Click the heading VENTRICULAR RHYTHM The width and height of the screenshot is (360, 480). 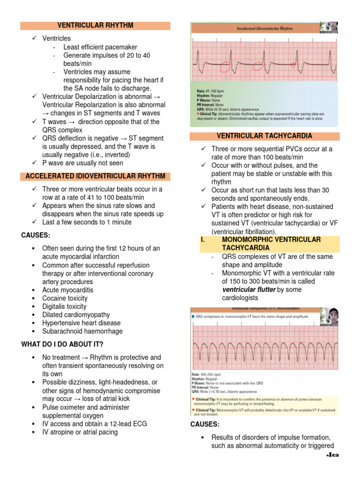click(x=95, y=25)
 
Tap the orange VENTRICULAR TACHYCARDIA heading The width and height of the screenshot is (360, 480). click(x=264, y=136)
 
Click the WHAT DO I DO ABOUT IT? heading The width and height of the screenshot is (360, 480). click(x=62, y=345)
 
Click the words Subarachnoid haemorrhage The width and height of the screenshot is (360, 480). click(x=82, y=331)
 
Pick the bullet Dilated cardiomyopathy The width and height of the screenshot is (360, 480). click(x=76, y=315)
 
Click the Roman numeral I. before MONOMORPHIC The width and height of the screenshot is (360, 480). click(x=203, y=239)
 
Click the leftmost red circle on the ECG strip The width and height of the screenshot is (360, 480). click(x=225, y=68)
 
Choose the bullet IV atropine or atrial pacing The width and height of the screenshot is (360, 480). click(x=80, y=432)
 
